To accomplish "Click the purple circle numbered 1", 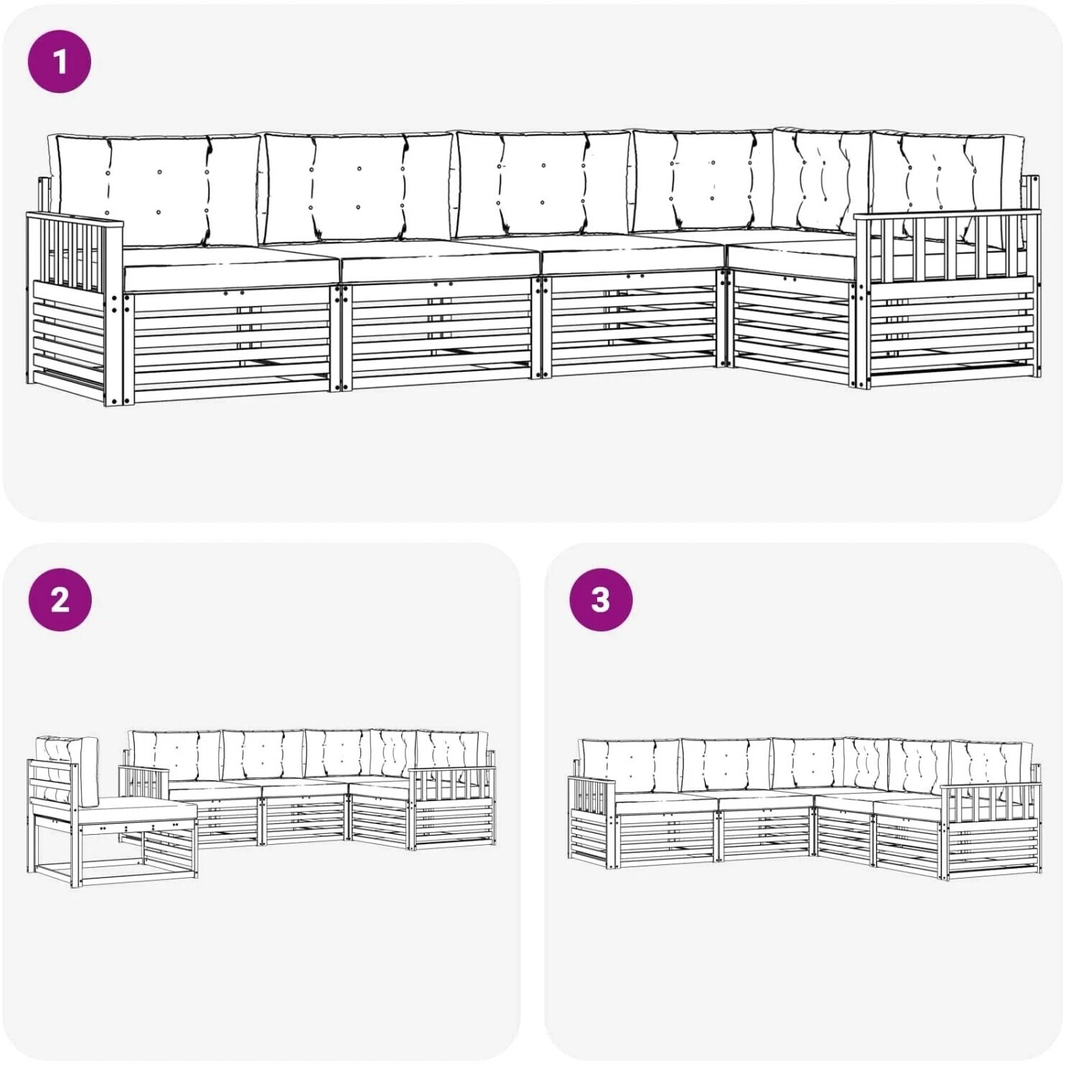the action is click(x=60, y=61).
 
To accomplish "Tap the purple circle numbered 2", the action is click(x=60, y=599).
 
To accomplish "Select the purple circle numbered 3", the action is click(x=601, y=599).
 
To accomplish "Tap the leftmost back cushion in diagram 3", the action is click(x=630, y=765).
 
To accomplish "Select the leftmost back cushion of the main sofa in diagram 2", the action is click(x=174, y=756).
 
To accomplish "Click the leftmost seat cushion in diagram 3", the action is click(x=664, y=802).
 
